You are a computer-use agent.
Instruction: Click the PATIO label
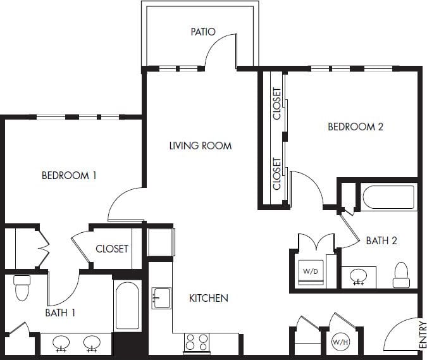coord(203,32)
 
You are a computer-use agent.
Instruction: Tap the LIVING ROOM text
coord(201,146)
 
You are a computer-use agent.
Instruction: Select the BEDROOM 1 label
coord(69,175)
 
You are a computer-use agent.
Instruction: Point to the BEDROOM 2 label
coord(356,127)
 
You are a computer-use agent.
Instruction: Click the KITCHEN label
coord(209,298)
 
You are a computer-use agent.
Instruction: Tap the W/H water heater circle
coord(338,344)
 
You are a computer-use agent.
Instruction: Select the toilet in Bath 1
coord(22,288)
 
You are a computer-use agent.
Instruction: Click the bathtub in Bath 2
coord(388,197)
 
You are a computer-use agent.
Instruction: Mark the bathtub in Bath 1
coord(127,306)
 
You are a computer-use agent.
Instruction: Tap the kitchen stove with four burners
coord(196,343)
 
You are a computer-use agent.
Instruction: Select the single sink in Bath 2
coord(359,276)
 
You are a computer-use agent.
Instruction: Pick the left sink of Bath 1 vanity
coord(61,343)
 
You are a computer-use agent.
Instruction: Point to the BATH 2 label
coord(381,240)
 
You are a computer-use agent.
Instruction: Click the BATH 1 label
coord(61,312)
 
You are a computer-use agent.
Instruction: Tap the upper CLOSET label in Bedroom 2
coord(277,104)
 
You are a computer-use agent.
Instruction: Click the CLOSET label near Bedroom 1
coord(112,249)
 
